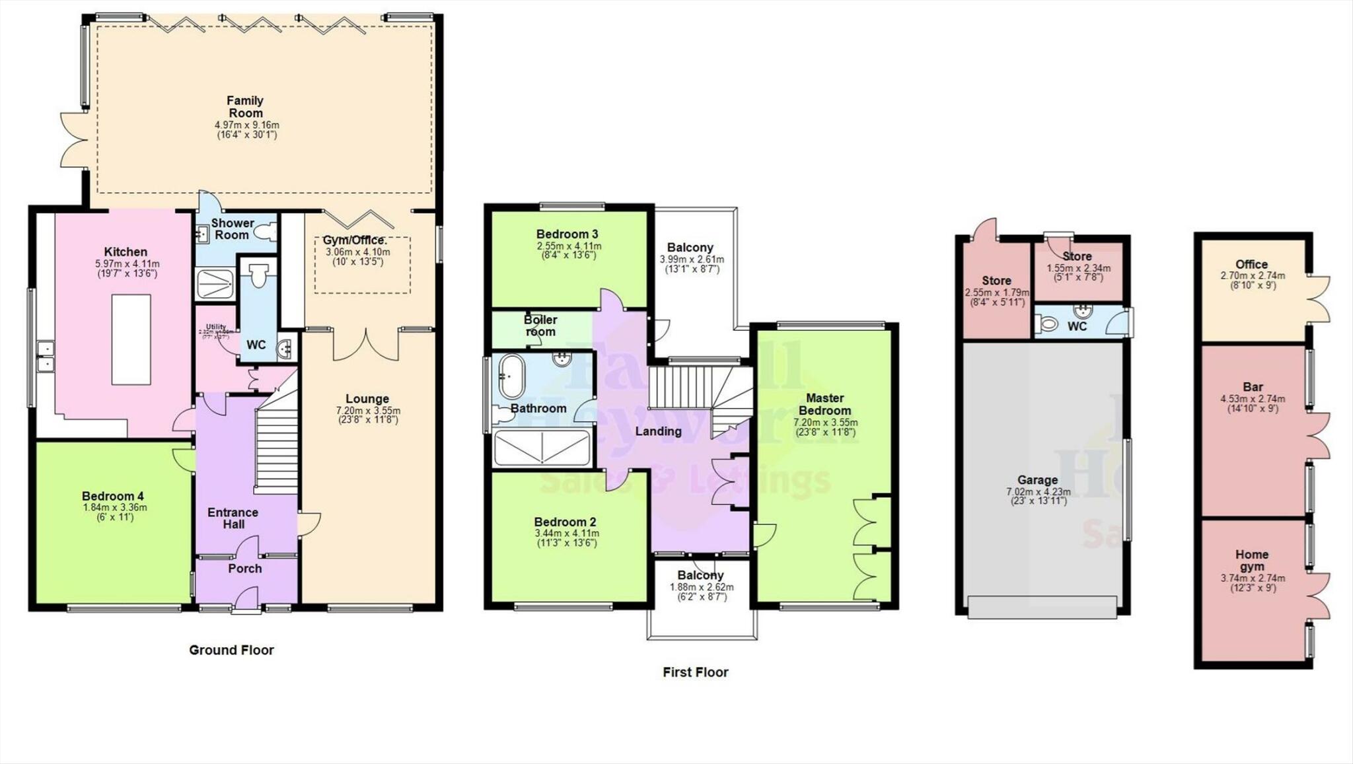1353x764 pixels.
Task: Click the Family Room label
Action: click(245, 106)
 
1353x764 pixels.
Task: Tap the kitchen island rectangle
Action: click(131, 339)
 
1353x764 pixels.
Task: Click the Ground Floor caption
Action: click(231, 650)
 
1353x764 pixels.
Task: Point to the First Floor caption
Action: click(695, 672)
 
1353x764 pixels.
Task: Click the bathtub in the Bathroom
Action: click(510, 376)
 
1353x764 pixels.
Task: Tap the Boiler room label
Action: click(540, 326)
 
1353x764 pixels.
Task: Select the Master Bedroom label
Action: click(824, 404)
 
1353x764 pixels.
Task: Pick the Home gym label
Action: click(1252, 561)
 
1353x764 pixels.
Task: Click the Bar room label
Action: click(1253, 387)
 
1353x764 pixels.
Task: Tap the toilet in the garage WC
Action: click(1047, 324)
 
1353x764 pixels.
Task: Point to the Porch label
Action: click(245, 569)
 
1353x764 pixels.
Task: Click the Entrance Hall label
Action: click(233, 518)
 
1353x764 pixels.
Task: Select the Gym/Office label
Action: click(354, 240)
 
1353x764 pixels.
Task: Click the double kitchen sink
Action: click(46, 356)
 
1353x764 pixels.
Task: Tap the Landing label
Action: click(658, 431)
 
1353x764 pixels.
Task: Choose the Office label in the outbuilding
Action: click(1251, 264)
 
